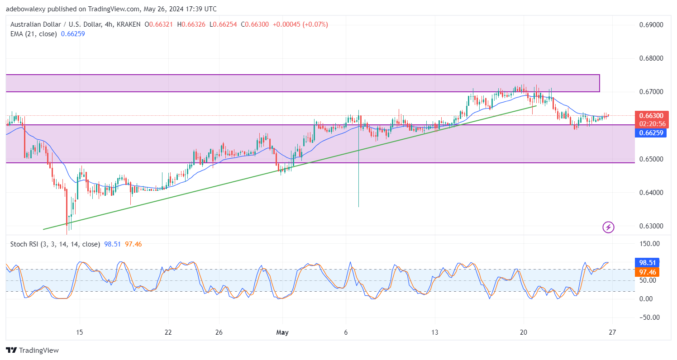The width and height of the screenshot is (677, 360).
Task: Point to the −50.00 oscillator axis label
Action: pyautogui.click(x=648, y=317)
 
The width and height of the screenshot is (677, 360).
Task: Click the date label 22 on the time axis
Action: pyautogui.click(x=168, y=333)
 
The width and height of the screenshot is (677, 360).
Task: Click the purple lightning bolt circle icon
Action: pyautogui.click(x=609, y=227)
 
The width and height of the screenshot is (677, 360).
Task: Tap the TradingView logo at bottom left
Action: pyautogui.click(x=32, y=350)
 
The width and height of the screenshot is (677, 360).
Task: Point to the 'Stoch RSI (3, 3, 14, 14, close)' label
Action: pyautogui.click(x=55, y=244)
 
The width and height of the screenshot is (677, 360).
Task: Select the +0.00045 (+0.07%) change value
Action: pyautogui.click(x=300, y=24)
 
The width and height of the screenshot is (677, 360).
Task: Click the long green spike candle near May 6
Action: pyautogui.click(x=358, y=172)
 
